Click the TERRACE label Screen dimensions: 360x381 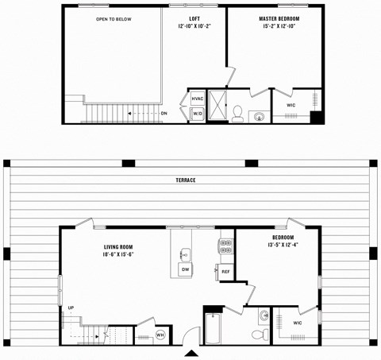click(x=186, y=180)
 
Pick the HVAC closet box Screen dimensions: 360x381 click(x=198, y=99)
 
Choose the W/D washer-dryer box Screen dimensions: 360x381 click(x=197, y=114)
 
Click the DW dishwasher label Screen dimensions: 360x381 click(x=184, y=270)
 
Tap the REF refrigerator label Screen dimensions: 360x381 click(x=225, y=272)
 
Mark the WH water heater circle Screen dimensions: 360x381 click(x=160, y=335)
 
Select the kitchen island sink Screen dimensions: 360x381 click(x=184, y=254)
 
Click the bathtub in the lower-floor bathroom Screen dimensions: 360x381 click(x=214, y=329)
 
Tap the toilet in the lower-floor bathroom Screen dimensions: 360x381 click(x=257, y=335)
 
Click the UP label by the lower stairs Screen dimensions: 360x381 click(x=71, y=308)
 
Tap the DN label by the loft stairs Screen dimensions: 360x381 click(x=164, y=114)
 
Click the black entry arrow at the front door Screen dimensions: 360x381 click(x=191, y=352)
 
